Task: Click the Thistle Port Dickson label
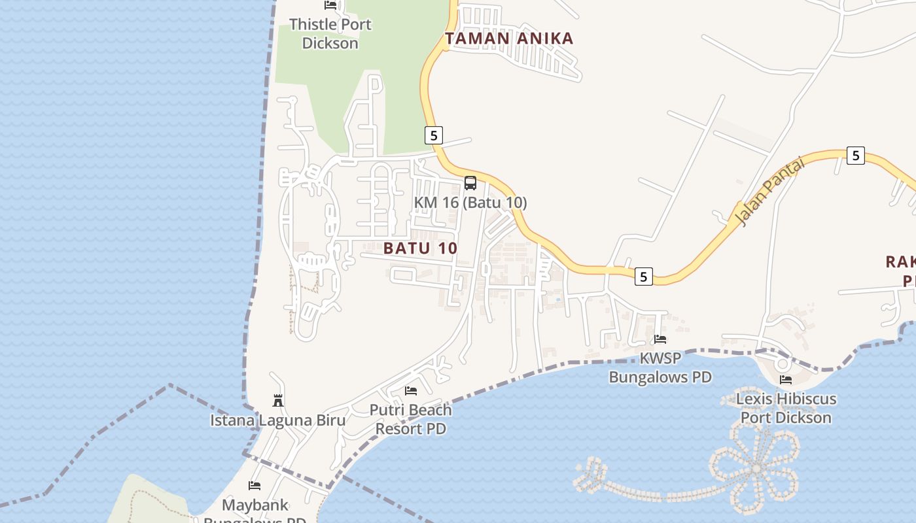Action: [330, 34]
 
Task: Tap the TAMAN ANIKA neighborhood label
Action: [509, 39]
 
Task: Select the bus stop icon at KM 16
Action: [470, 183]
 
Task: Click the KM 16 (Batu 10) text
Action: [470, 203]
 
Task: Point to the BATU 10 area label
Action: [420, 248]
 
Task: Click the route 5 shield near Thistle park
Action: [433, 135]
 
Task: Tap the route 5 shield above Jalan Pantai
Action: [855, 156]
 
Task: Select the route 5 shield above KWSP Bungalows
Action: [643, 277]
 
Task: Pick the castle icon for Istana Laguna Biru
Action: [278, 400]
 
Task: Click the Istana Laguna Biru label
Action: [277, 420]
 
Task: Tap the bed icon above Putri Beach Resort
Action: [411, 391]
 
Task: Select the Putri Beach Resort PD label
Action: [411, 419]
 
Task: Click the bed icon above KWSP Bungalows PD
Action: [660, 339]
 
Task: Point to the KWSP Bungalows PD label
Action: [660, 368]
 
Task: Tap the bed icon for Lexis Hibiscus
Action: [786, 379]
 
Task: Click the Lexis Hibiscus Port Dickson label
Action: [786, 408]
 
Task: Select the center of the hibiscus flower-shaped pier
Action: [756, 468]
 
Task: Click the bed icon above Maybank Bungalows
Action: [255, 486]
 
